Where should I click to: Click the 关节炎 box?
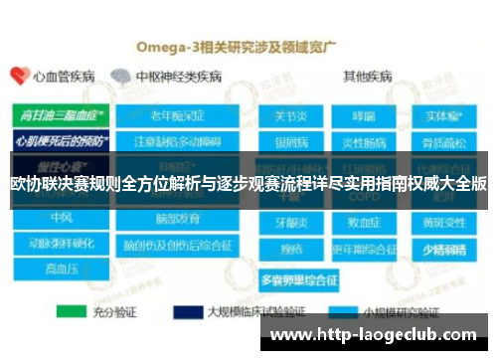289,115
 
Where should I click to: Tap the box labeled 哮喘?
363,115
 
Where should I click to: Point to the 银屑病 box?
289,137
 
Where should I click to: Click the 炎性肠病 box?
363,137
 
